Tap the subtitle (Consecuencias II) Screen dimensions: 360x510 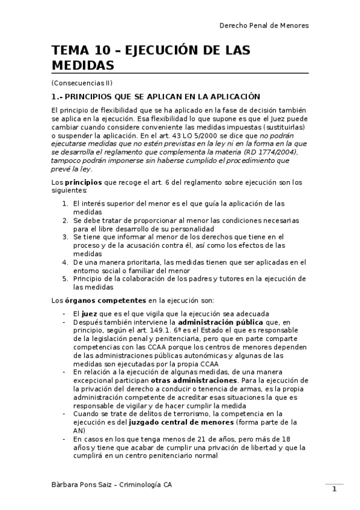coord(82,82)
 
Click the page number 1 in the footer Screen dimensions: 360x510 coord(334,490)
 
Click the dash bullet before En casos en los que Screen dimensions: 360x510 coord(64,439)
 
